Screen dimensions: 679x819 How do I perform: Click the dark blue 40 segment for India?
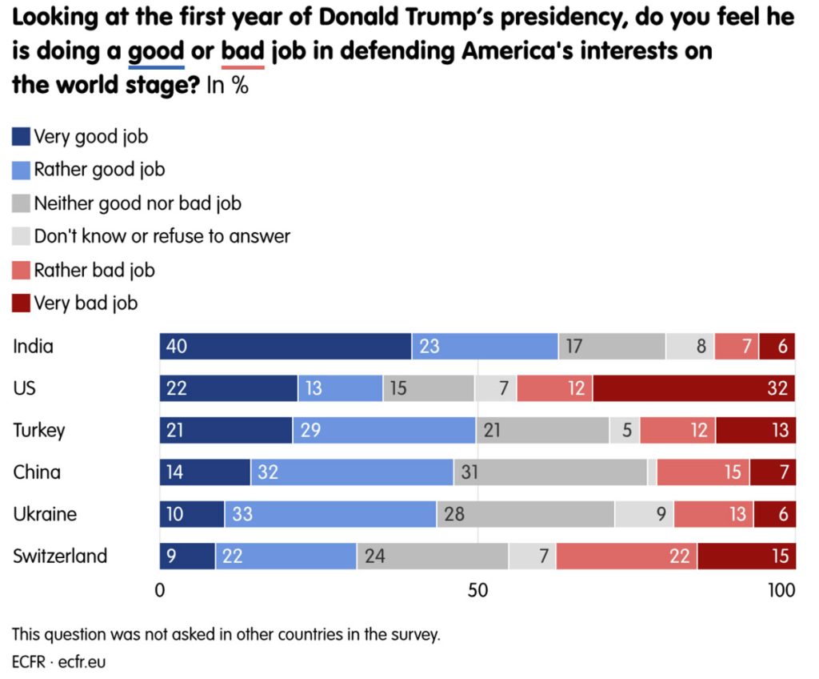click(x=286, y=347)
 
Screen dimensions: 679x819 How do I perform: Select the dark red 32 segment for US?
click(x=693, y=388)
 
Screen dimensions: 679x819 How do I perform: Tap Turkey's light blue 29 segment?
click(x=384, y=430)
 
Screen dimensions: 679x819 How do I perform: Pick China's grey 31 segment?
click(x=550, y=472)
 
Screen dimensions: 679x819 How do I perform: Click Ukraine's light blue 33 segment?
click(x=330, y=513)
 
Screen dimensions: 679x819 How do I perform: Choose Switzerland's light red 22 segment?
click(x=626, y=555)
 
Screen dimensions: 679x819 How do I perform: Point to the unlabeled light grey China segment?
click(x=653, y=472)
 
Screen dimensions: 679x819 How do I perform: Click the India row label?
click(x=33, y=347)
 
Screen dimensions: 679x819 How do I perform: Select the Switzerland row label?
click(x=60, y=556)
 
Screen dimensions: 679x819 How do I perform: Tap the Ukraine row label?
click(x=45, y=513)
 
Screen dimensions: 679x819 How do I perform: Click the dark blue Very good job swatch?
click(x=22, y=137)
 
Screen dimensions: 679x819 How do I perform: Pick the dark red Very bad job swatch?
click(x=22, y=303)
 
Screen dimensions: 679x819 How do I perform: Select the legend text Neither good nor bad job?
click(x=138, y=203)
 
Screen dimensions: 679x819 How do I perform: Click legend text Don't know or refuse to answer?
click(x=162, y=236)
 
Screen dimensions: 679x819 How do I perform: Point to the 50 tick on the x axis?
click(x=477, y=590)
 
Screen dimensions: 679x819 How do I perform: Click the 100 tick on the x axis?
click(x=782, y=590)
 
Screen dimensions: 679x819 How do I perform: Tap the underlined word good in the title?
click(x=157, y=53)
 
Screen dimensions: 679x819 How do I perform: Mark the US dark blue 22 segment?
click(x=229, y=388)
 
